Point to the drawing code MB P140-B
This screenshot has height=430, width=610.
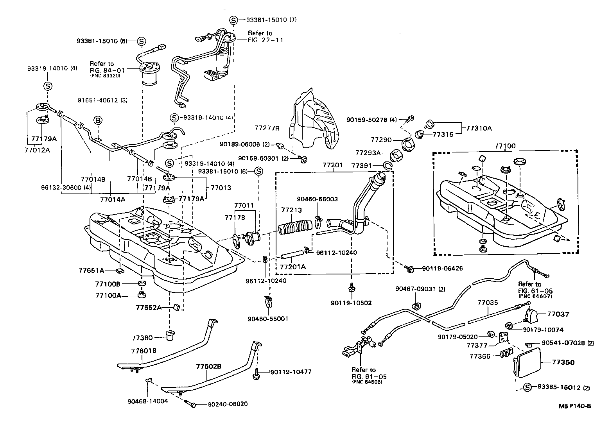[574, 406]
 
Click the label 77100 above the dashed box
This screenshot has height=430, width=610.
[505, 146]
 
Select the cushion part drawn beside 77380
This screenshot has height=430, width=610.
[170, 335]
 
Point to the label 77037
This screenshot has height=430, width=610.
[558, 314]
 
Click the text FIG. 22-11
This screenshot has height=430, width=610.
[266, 40]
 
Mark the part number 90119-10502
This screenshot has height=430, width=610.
[351, 303]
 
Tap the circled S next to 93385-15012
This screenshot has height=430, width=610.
[527, 387]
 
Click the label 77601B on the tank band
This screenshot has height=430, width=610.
[144, 351]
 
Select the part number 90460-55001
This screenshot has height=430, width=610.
[267, 319]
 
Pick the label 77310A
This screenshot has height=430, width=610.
[478, 128]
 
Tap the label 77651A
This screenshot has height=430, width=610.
[91, 270]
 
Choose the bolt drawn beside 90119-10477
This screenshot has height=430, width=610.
[257, 373]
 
